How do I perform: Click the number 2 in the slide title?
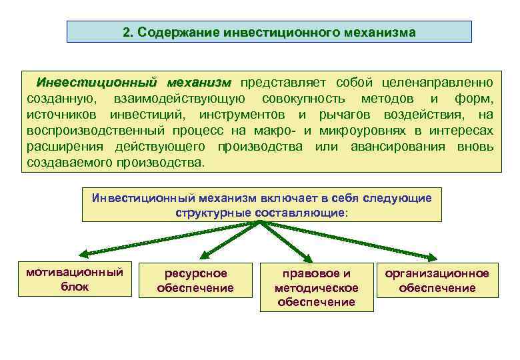pos(127,32)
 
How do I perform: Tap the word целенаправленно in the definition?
pos(438,83)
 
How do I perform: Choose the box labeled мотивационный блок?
pos(74,279)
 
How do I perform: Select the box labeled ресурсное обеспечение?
pos(195,281)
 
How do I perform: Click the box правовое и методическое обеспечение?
pos(317,288)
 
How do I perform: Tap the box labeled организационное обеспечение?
pos(437,281)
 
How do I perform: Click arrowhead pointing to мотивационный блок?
pos(85,254)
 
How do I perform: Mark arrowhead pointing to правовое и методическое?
pos(308,259)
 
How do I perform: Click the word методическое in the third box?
pos(317,288)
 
